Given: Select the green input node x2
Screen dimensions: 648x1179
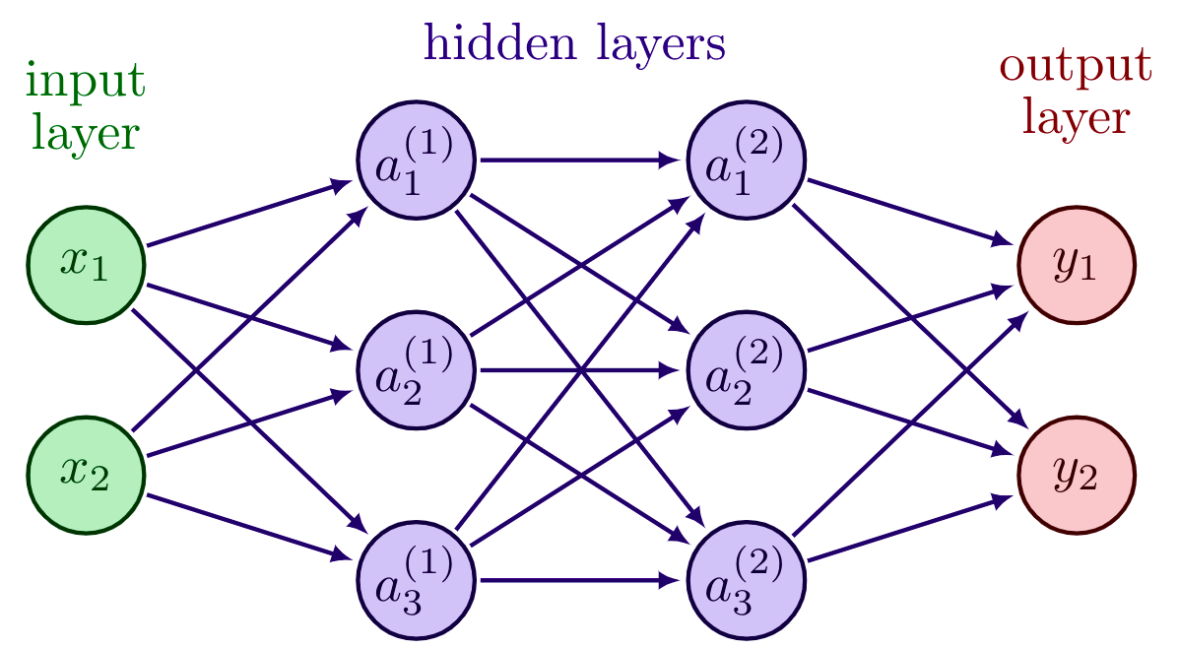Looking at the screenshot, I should tap(87, 475).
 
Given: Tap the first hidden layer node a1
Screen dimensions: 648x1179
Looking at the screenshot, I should tap(416, 162).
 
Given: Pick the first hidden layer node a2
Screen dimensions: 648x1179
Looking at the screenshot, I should tap(416, 370).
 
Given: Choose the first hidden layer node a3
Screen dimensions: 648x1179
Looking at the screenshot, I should tap(416, 579).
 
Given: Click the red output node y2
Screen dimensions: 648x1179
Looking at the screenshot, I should tap(1077, 475).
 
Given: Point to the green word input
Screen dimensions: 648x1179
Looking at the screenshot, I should tap(87, 83).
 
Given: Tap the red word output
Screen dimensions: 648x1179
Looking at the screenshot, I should tap(1075, 69).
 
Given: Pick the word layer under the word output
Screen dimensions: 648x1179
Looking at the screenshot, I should tap(1075, 119).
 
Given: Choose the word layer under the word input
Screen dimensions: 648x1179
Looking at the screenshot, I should tap(87, 132).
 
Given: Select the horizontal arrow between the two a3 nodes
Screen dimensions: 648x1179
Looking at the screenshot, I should tap(581, 579).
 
